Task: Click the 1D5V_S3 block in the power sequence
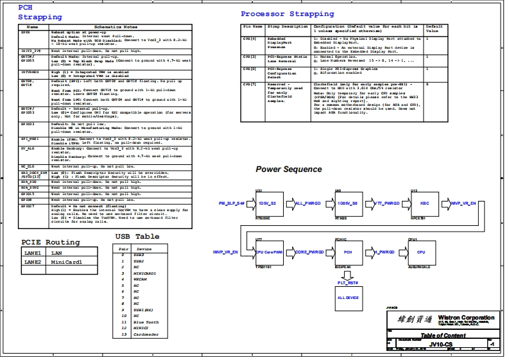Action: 267,203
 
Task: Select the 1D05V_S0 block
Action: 347,203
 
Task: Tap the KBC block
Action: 425,203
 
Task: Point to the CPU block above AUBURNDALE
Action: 421,252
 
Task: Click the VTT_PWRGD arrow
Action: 386,203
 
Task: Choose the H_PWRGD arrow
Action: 384,252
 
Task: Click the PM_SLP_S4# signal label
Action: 231,203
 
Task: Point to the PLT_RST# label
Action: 348,282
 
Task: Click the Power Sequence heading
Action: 289,169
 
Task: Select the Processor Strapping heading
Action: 287,13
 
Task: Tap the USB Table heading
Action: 137,236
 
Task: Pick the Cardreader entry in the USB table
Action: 148,334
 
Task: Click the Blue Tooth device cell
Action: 148,322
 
